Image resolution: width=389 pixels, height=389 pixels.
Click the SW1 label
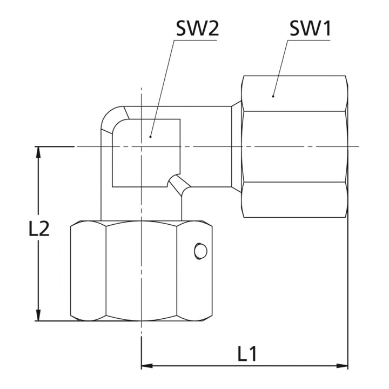tap(310, 29)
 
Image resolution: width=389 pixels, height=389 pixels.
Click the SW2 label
tap(198, 29)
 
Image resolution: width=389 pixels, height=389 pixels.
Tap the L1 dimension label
tap(247, 354)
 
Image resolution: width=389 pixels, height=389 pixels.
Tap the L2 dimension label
tap(39, 228)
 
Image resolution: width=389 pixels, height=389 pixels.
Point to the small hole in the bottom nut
tap(200, 252)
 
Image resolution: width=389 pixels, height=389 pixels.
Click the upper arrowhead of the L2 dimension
tap(38, 152)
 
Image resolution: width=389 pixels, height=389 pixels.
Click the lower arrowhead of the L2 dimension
tap(38, 315)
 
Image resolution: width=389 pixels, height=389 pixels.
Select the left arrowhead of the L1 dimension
tap(147, 366)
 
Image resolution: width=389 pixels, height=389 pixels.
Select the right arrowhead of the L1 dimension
tap(342, 366)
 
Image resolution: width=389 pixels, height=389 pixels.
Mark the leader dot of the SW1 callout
tap(273, 96)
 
